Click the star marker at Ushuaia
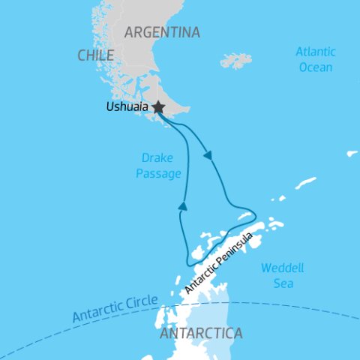tap(158, 108)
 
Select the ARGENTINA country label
tap(162, 32)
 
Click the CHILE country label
tap(95, 55)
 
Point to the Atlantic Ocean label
tap(314, 59)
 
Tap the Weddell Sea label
tap(277, 275)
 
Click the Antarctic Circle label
tap(115, 307)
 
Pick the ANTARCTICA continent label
tap(201, 332)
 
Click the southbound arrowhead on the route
tap(208, 156)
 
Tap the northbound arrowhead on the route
tap(181, 204)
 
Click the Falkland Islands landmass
tap(235, 61)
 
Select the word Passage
tap(161, 174)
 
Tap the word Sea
tap(283, 283)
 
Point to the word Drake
tap(157, 157)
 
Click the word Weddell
tap(277, 268)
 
